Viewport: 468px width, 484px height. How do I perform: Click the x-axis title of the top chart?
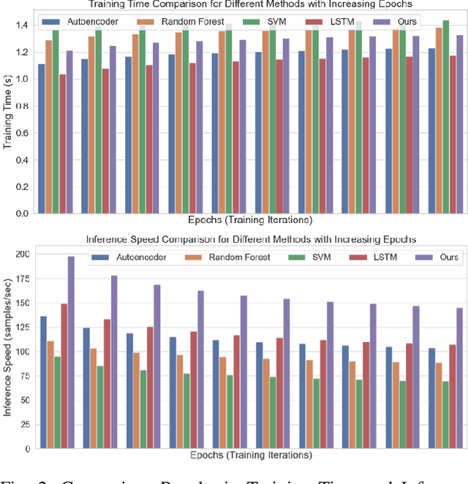(x=249, y=220)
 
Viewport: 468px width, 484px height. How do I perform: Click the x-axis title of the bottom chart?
(x=249, y=455)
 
